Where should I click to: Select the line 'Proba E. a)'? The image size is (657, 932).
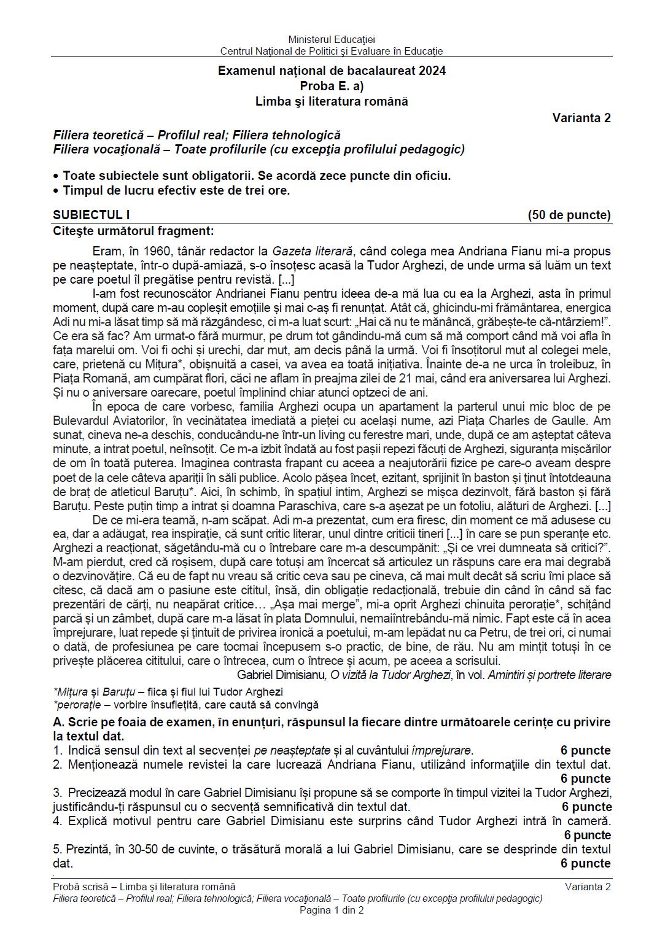[332, 86]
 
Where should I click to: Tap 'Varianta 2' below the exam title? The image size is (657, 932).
[581, 118]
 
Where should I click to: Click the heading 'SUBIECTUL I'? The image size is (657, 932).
[91, 215]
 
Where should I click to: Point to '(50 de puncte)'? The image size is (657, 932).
[569, 215]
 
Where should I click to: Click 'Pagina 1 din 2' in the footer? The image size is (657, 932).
[332, 911]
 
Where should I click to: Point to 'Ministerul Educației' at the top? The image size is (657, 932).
[332, 39]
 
